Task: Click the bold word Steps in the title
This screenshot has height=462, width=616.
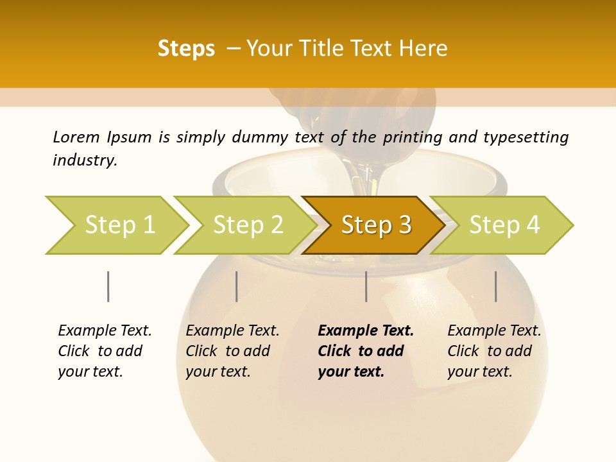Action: [186, 49]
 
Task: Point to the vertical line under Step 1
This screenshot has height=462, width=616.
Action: [108, 286]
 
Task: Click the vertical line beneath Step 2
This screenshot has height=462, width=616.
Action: [237, 286]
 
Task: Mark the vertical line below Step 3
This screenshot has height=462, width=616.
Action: [366, 286]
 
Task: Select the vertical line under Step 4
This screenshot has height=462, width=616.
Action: [496, 286]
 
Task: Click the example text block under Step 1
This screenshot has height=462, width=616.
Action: [105, 351]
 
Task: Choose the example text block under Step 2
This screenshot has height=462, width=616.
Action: [232, 351]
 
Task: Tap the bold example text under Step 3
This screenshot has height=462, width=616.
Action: [366, 351]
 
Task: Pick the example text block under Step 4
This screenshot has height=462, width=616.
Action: [494, 351]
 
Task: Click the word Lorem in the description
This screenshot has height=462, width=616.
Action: [76, 137]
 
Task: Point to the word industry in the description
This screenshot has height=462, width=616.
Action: [85, 160]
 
